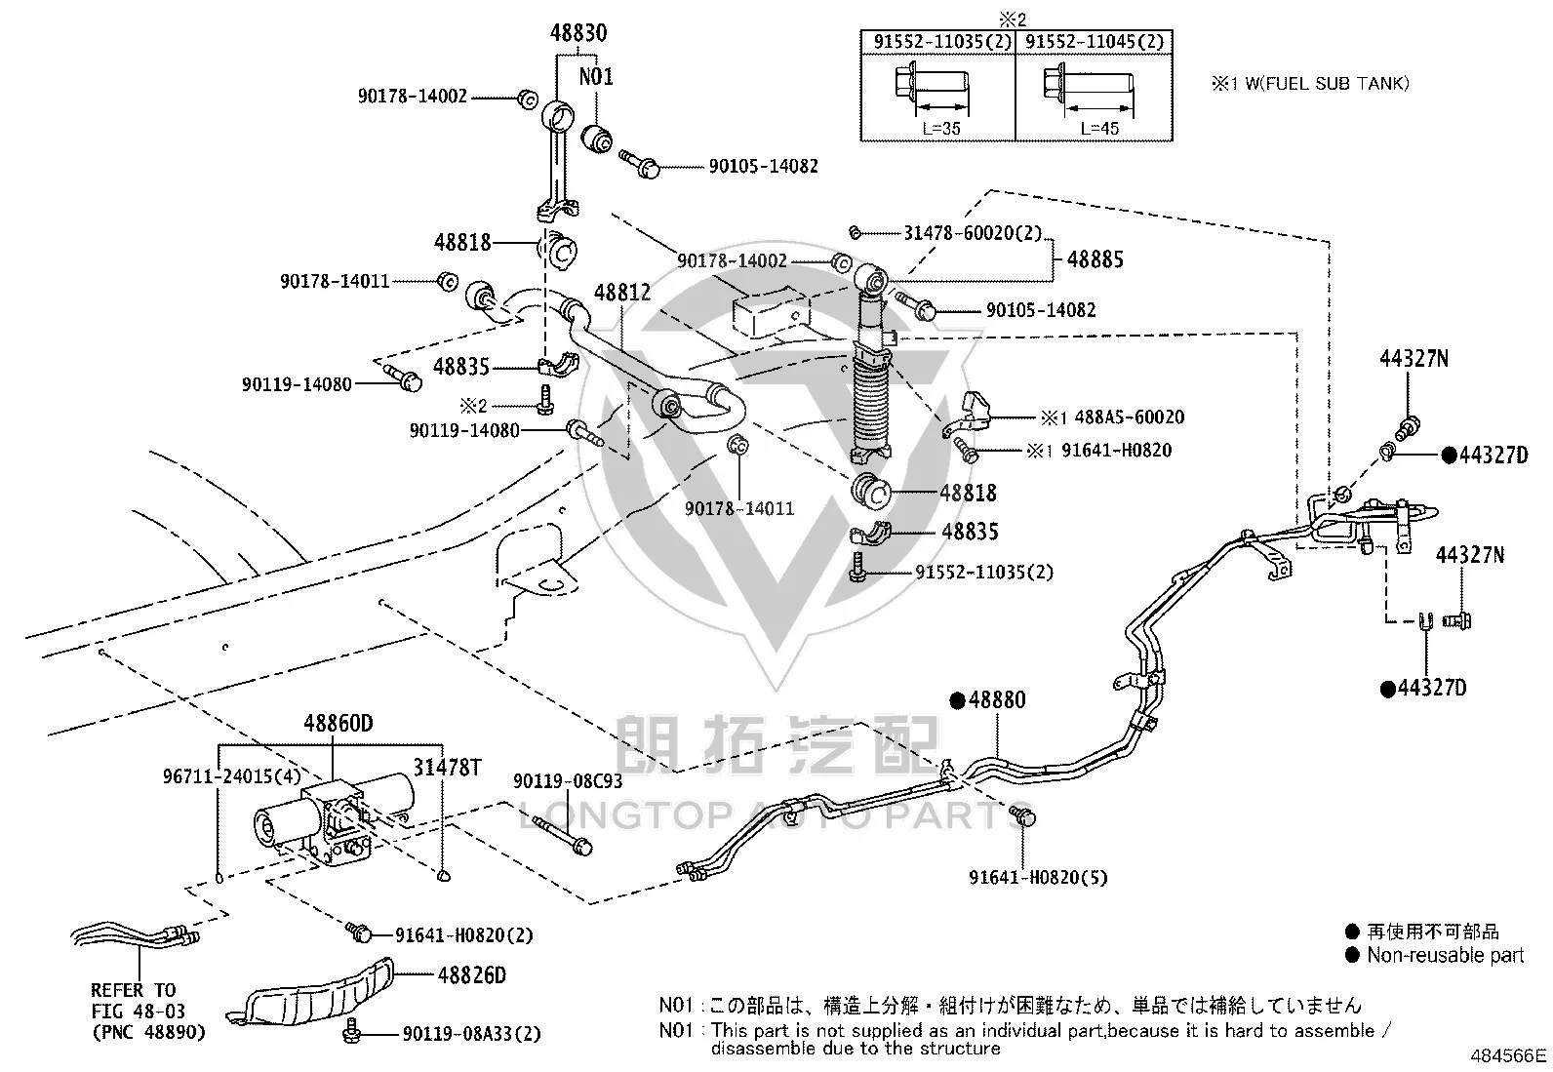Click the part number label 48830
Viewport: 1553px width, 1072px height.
(578, 32)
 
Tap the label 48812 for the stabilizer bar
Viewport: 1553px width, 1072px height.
(622, 293)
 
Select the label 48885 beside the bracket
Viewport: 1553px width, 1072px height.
(1095, 259)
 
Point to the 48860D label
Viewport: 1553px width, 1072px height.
(338, 723)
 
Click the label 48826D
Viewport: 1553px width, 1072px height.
(471, 974)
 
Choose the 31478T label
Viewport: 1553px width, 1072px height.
(447, 767)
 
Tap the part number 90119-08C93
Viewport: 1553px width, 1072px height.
(567, 780)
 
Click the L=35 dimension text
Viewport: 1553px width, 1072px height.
(940, 129)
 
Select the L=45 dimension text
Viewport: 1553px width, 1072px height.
(1099, 129)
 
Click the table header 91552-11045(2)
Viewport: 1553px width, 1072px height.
(1095, 42)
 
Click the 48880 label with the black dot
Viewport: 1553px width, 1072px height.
(987, 699)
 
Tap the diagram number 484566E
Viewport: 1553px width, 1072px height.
(1508, 1055)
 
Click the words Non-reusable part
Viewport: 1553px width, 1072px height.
(1445, 955)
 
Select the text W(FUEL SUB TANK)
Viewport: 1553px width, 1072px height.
(1327, 83)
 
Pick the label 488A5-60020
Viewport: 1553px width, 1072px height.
(1130, 417)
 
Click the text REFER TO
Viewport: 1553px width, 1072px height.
(133, 989)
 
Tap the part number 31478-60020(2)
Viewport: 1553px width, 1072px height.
(973, 233)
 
